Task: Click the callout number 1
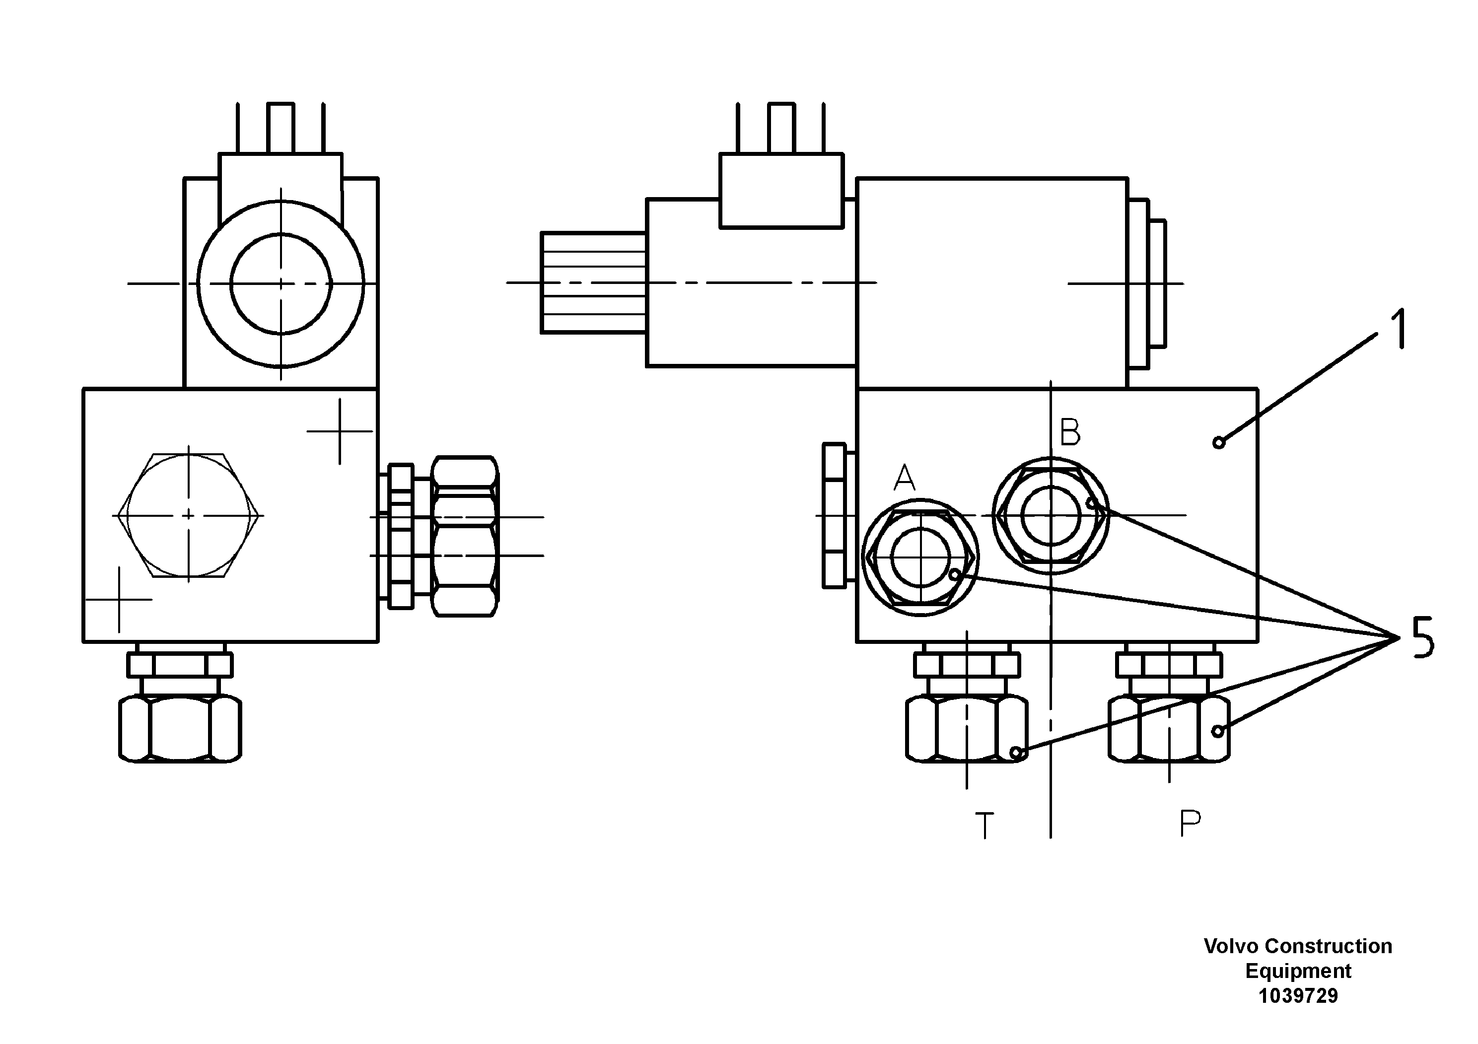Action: point(1398,330)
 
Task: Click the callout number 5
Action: point(1422,637)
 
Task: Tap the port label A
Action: point(905,478)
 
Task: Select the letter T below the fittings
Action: point(985,826)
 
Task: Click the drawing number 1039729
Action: point(1298,996)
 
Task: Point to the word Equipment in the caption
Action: point(1298,971)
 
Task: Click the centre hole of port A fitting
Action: point(920,557)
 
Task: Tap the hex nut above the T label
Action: point(966,729)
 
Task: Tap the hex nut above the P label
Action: point(1169,729)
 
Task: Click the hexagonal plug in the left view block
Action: point(188,515)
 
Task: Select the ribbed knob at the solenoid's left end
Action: point(593,282)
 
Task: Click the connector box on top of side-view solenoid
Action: point(781,191)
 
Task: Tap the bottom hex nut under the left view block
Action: point(180,729)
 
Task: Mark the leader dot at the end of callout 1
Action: point(1218,442)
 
